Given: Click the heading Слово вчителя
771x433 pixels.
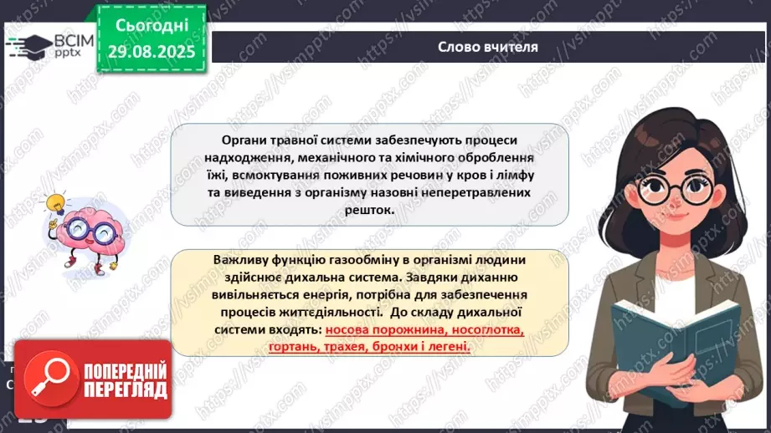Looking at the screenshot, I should [x=488, y=47].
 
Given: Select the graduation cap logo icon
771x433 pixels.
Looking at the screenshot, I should [x=28, y=45].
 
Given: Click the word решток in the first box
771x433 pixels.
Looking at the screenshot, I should [x=368, y=211].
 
